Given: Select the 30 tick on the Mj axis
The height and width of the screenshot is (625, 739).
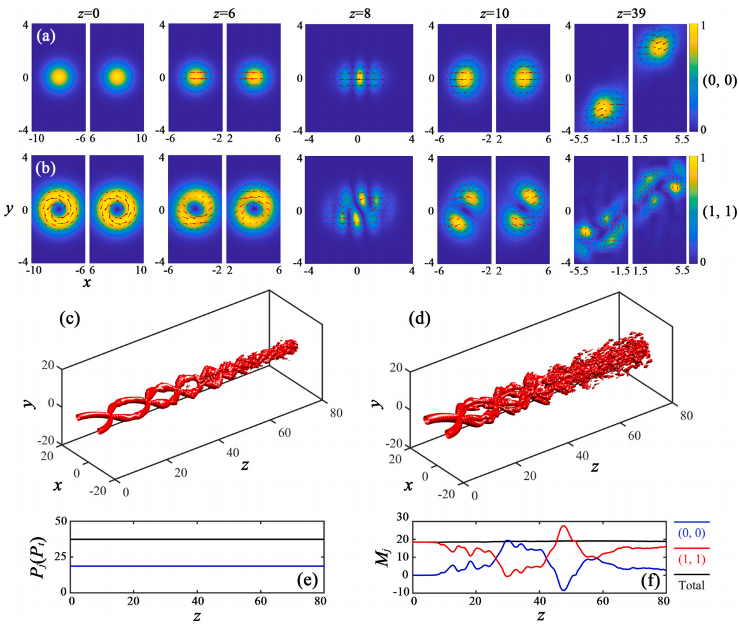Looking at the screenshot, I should click(x=403, y=522).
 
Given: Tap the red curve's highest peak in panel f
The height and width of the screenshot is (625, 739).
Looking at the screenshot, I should click(x=563, y=526).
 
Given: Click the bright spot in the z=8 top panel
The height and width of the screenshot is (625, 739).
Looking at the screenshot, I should click(x=359, y=78).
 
